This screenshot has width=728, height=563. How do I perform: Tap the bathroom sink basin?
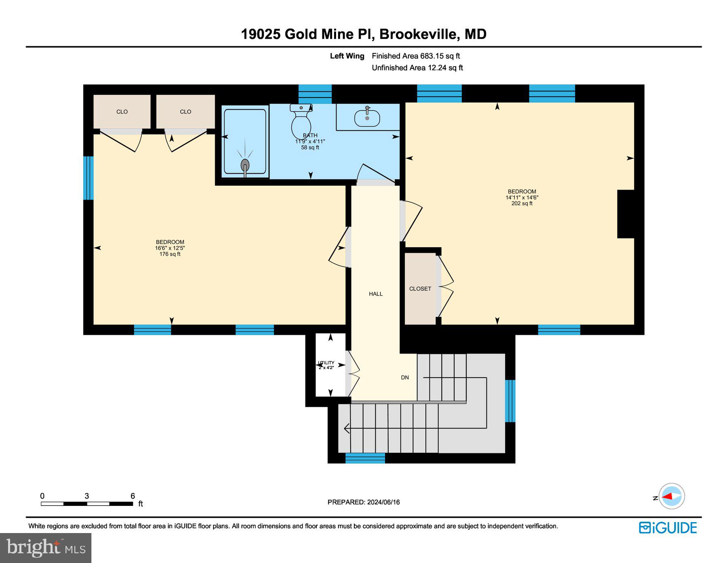pos(367,118)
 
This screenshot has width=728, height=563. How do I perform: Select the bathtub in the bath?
pos(245,142)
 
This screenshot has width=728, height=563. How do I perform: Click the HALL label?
pos(375,294)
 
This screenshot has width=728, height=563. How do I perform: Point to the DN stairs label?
pos(404,377)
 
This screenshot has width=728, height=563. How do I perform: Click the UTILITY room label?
pos(326,363)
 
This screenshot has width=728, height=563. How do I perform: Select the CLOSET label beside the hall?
pos(420,289)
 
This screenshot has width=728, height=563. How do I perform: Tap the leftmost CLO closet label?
pos(122,112)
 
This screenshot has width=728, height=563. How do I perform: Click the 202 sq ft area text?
pos(522,204)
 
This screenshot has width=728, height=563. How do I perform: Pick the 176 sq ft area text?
pos(170,254)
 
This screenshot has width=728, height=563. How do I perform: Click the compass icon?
pos(671,496)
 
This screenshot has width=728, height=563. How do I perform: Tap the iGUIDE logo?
pos(668,528)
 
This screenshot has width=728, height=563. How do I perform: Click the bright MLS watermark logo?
pos(46,548)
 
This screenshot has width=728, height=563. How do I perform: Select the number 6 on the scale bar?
pos(133,496)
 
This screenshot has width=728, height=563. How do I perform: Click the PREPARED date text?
pos(363,502)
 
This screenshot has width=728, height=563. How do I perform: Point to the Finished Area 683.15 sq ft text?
pos(416,56)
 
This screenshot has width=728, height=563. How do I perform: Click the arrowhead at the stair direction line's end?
pos(346,428)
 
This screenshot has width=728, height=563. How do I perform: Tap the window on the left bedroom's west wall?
pos(88,178)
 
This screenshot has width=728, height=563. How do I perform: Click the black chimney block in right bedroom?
pos(625,214)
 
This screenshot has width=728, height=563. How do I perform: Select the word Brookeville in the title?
pos(418,34)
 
